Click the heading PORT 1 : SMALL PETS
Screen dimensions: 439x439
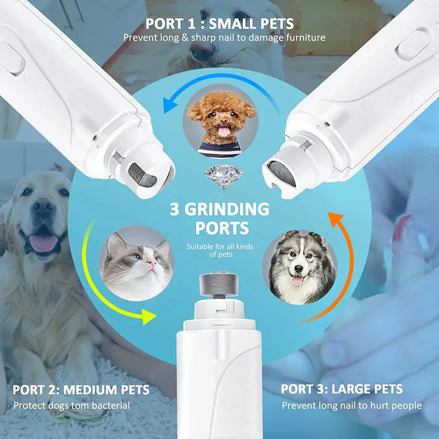click(219, 25)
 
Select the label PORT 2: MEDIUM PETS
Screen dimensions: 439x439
click(81, 390)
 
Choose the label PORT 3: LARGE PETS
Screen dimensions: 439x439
click(342, 389)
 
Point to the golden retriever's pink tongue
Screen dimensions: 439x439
click(43, 243)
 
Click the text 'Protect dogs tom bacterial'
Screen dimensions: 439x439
click(71, 406)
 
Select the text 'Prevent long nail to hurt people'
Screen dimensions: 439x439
click(352, 405)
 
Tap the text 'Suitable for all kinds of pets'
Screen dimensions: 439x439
click(219, 250)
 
